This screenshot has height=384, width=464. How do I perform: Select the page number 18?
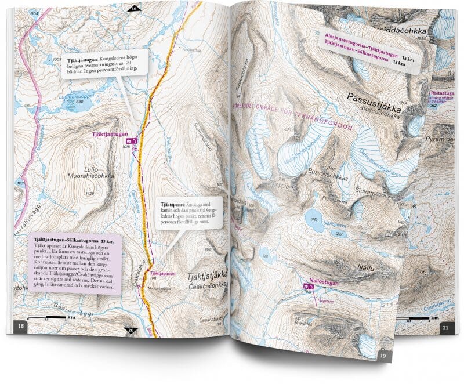point(21,327)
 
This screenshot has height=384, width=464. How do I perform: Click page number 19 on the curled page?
point(382,355)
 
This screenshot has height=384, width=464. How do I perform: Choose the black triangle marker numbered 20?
point(130,331)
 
